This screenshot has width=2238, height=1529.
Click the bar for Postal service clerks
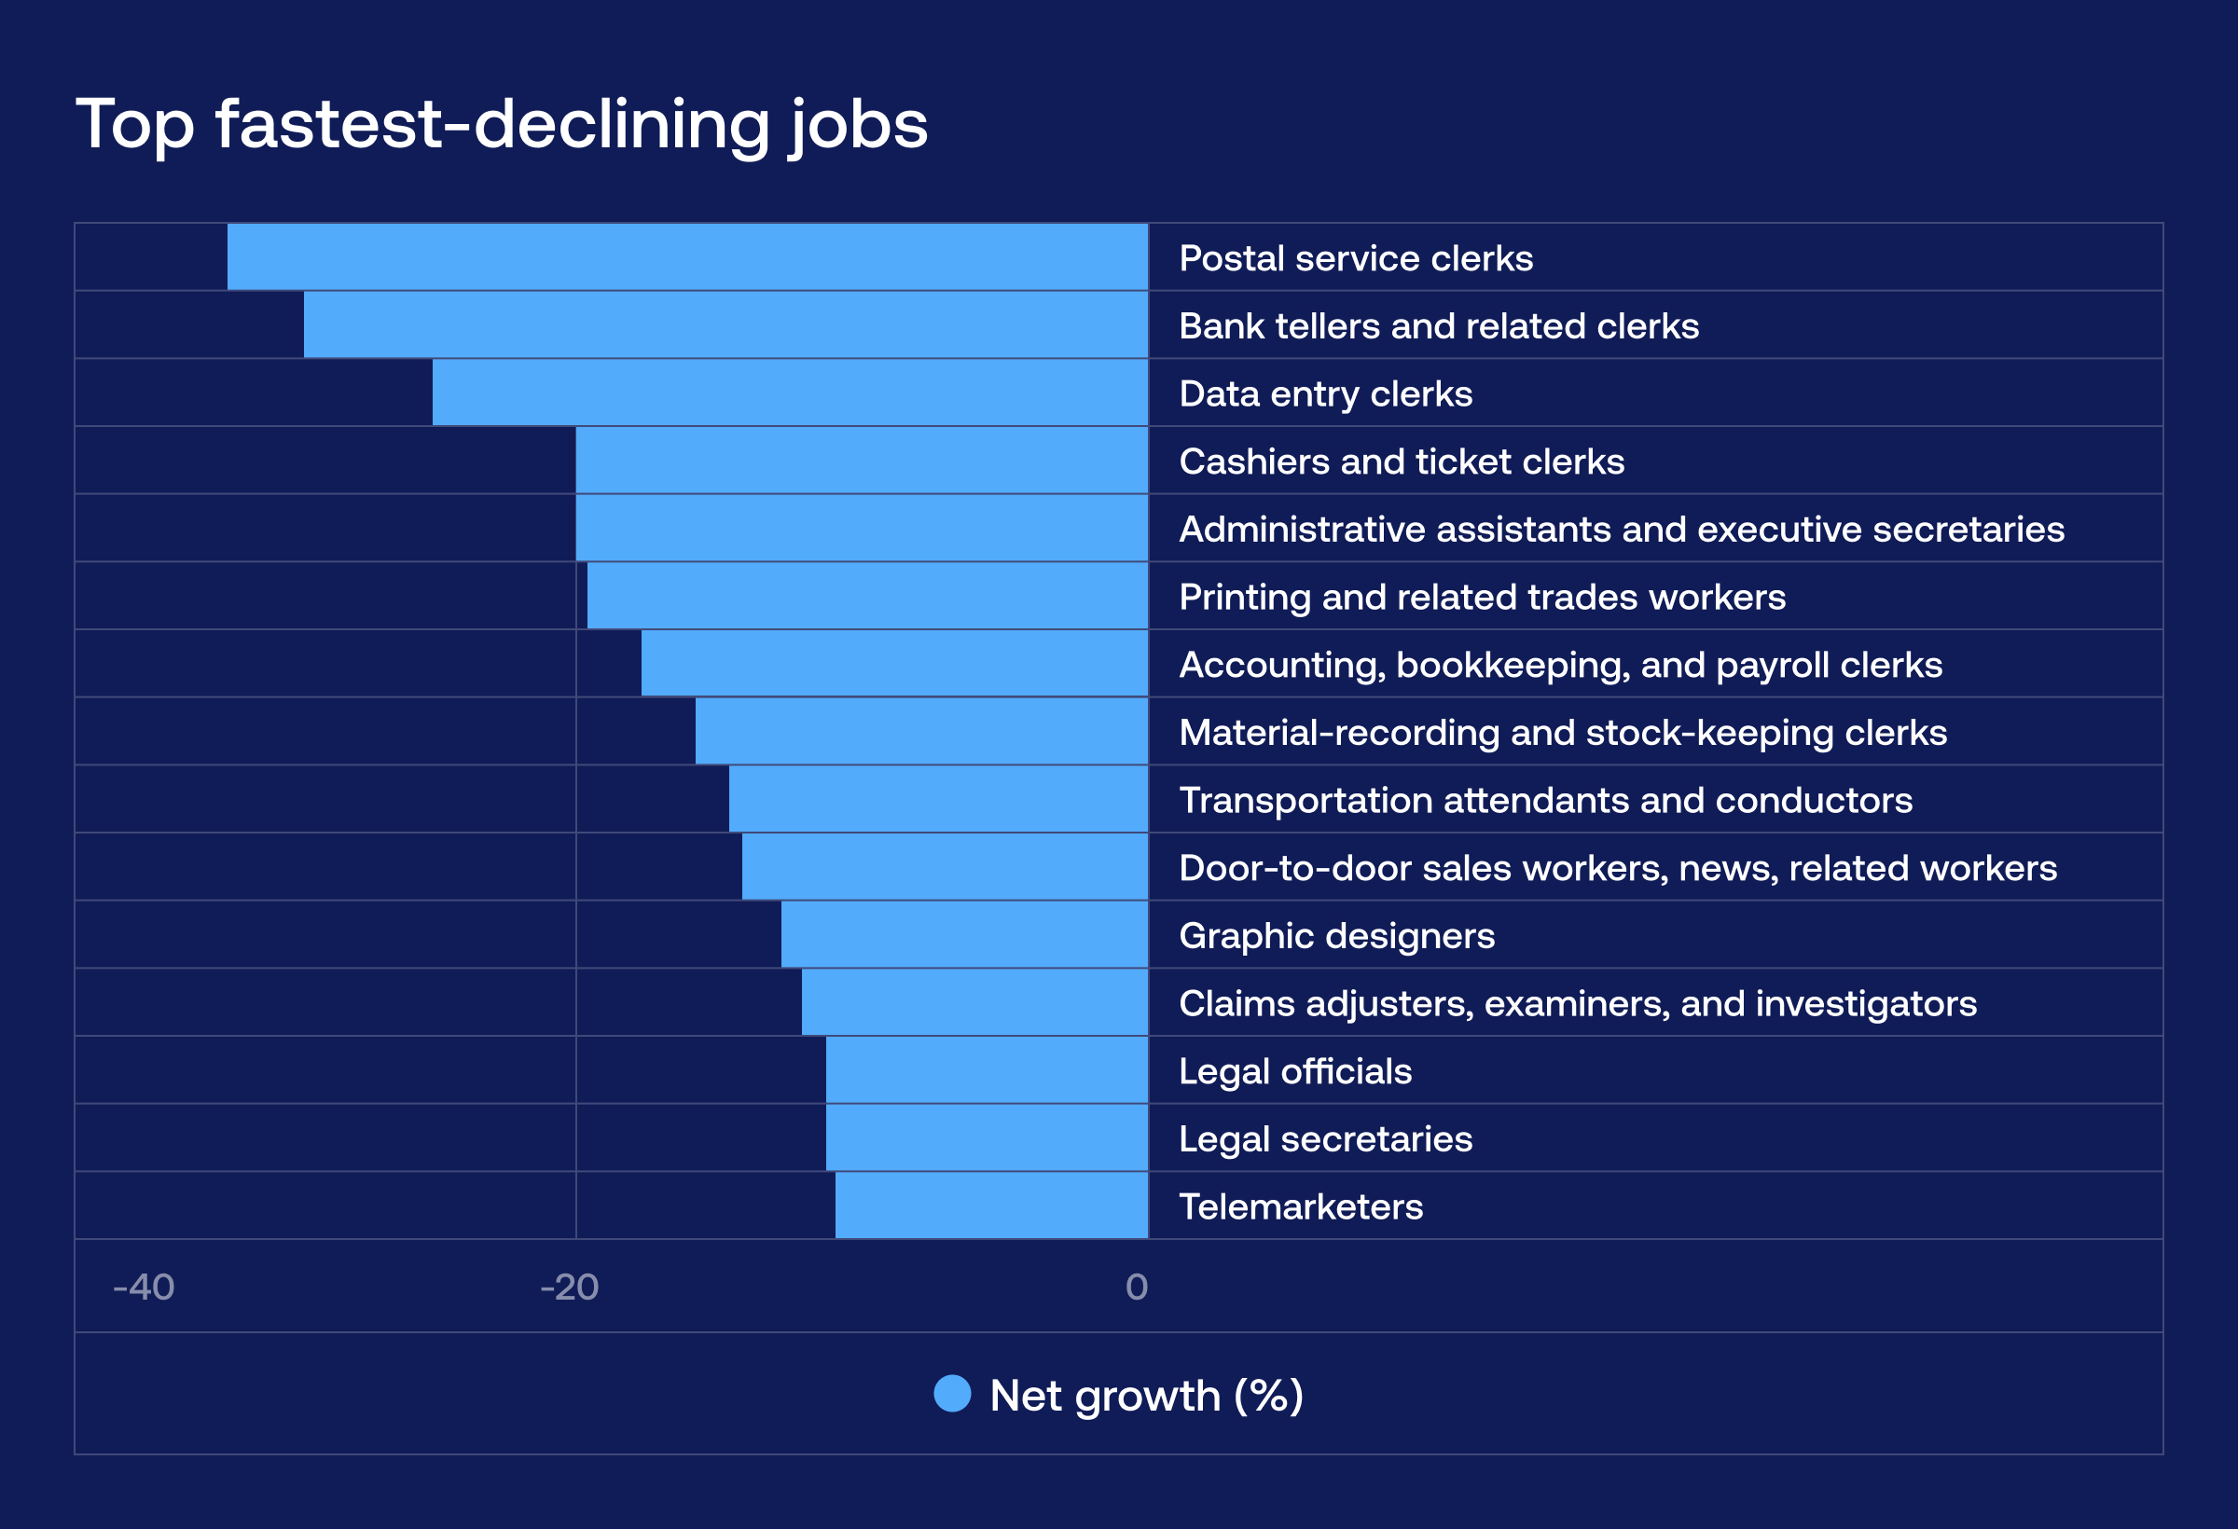687,257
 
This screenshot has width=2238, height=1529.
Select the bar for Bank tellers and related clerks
726,325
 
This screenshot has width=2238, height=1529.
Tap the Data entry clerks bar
790,393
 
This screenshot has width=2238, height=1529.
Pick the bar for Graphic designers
964,935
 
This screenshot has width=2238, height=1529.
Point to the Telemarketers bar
992,1205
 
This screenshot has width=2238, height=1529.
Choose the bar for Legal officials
988,1070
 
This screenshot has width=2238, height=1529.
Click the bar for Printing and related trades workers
866,596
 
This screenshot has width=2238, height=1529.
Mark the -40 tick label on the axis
144,1288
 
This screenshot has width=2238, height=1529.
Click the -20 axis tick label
569,1288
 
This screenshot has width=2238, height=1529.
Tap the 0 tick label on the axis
1137,1288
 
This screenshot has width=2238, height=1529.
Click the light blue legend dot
952,1394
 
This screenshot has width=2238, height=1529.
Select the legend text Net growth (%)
1146,1395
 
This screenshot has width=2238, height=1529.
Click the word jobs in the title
858,125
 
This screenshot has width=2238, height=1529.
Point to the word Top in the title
135,125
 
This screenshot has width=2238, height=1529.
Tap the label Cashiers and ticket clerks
1402,461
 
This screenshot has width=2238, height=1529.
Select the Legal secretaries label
1325,1139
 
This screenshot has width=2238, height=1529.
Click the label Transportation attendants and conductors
1545,800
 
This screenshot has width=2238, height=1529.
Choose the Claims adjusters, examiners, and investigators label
1578,1003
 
